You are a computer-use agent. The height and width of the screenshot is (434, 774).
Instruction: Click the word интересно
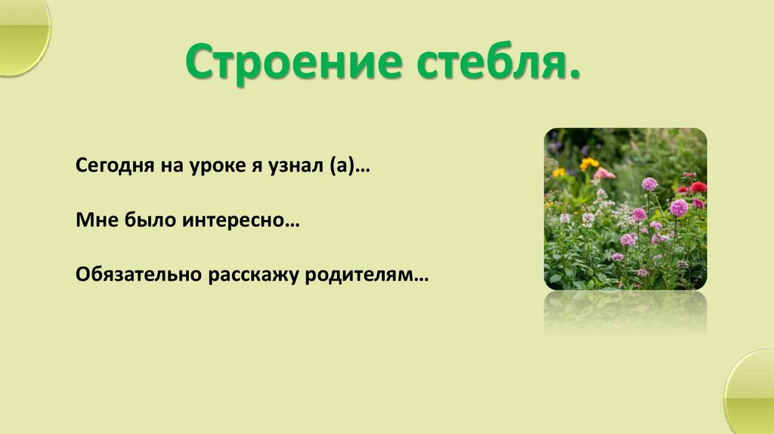[x=231, y=221]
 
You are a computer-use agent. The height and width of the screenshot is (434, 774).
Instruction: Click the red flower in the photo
[x=697, y=187]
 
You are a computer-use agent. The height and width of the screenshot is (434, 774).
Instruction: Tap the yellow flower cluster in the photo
[x=589, y=163]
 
